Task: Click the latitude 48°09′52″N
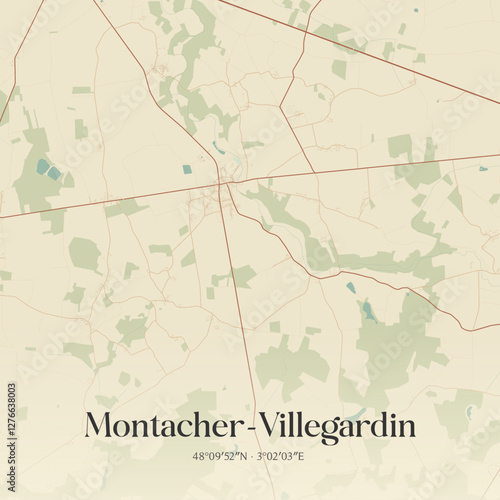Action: point(220,456)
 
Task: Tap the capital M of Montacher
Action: point(101,425)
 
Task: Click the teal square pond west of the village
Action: point(187,169)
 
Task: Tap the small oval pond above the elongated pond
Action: point(351,288)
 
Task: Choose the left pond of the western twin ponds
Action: point(42,167)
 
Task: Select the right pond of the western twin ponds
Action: point(54,173)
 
